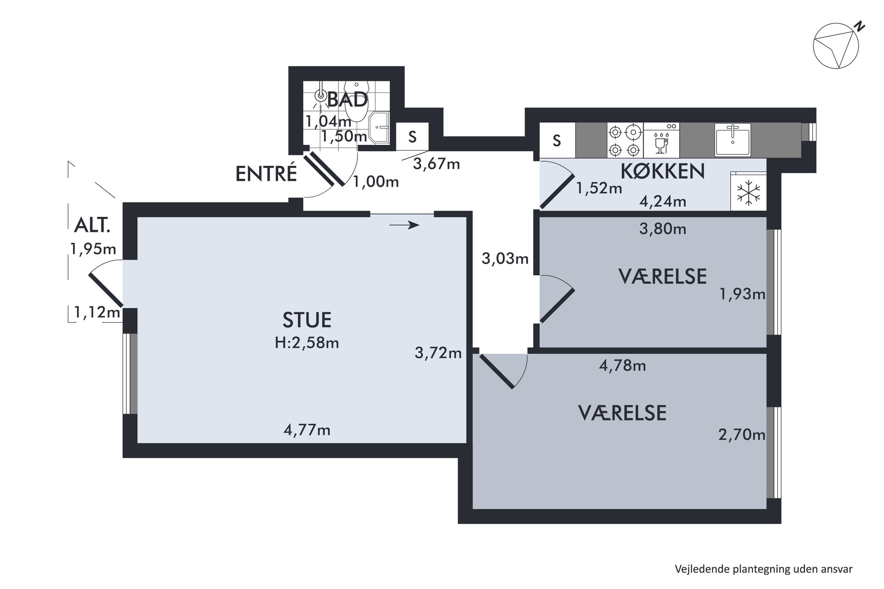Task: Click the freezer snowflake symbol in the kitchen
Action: tap(748, 193)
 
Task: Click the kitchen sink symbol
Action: tap(733, 140)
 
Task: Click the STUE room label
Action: tap(307, 320)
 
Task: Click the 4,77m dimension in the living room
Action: tap(307, 430)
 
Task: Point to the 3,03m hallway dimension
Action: tap(505, 259)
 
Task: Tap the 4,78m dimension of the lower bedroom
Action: tap(622, 365)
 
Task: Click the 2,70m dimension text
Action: tap(742, 435)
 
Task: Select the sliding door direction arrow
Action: tap(404, 225)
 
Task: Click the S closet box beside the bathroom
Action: tap(412, 137)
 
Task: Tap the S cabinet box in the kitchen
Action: tap(557, 140)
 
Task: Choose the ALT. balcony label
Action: tap(92, 225)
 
